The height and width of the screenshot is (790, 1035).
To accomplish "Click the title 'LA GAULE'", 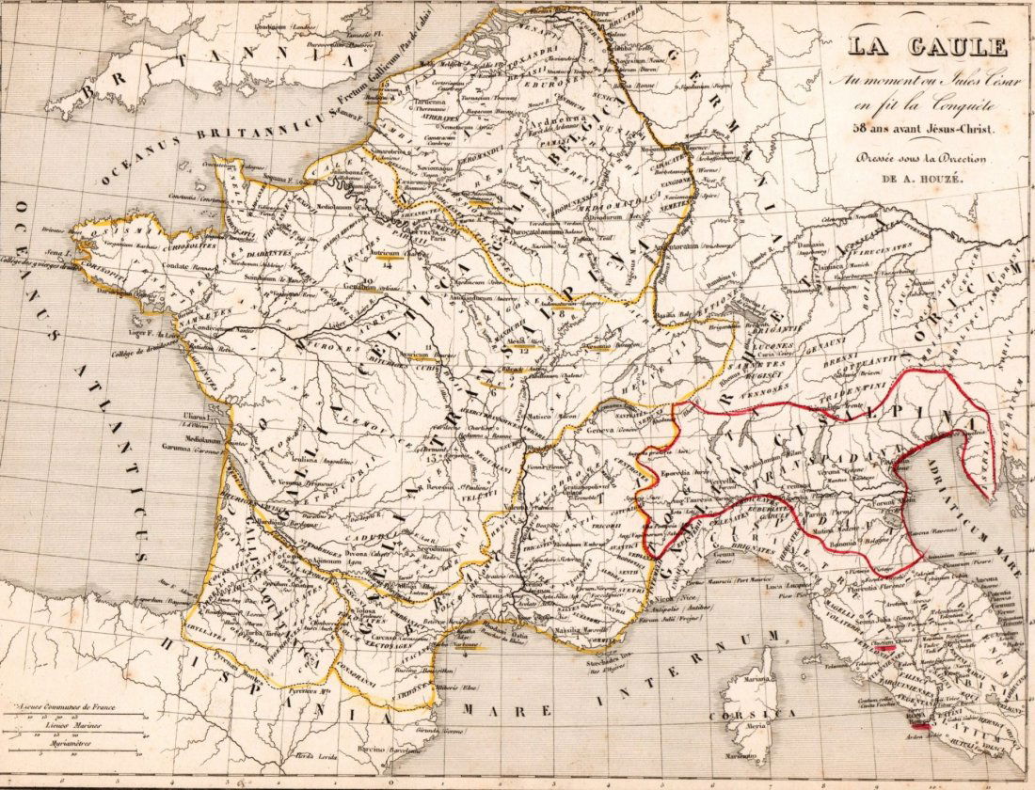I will [927, 47].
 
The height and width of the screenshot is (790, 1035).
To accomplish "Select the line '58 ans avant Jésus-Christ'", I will [926, 128].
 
